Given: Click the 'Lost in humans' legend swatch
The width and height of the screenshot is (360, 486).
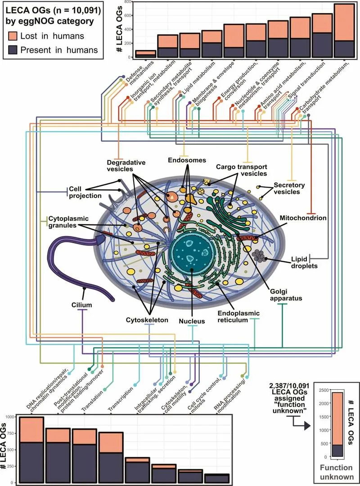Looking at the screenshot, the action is (13, 36).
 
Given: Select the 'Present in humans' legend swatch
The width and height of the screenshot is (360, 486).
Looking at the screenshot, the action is (13, 50).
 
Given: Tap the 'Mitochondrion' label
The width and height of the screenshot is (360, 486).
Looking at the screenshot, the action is (303, 218).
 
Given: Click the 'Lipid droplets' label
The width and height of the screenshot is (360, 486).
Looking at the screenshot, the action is (304, 262).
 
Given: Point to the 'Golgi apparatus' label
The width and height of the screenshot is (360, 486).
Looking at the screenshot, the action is (286, 295).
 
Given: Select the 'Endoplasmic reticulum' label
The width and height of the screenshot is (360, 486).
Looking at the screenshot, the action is (238, 317).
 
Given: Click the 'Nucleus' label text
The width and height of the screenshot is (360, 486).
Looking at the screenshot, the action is (192, 321).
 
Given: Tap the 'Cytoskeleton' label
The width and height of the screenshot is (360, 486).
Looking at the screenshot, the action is (147, 320).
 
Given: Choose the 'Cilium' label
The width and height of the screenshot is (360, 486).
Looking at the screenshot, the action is (81, 305).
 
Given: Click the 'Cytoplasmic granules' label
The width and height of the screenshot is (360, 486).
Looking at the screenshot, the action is (68, 222).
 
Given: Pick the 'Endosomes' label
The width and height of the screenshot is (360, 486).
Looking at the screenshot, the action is (187, 160).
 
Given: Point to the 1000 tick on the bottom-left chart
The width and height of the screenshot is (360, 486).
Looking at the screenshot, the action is (10, 417).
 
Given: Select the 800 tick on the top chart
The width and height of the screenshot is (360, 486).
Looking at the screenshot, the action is (127, 2).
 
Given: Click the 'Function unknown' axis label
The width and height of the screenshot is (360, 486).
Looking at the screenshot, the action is (337, 472).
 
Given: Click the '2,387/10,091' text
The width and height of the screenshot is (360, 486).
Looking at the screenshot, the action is (289, 386).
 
